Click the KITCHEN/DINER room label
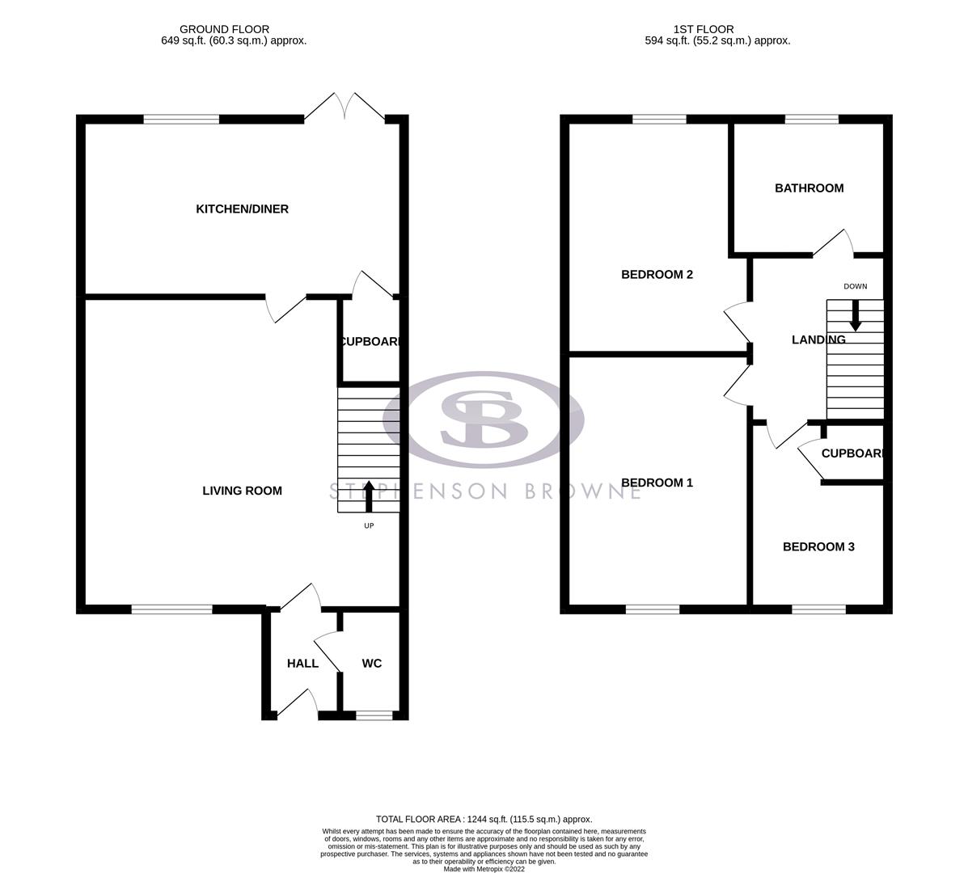(242, 209)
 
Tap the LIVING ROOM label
(242, 491)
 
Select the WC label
(371, 664)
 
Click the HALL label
(302, 664)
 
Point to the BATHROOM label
(809, 188)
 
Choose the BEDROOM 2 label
(657, 275)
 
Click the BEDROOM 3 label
(818, 547)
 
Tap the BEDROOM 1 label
(657, 483)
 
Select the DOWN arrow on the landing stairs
(855, 315)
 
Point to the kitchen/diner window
(181, 120)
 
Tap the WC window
(374, 715)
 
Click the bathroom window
(811, 120)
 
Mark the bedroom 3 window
(818, 609)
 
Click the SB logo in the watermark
(484, 419)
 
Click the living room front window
(172, 609)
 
